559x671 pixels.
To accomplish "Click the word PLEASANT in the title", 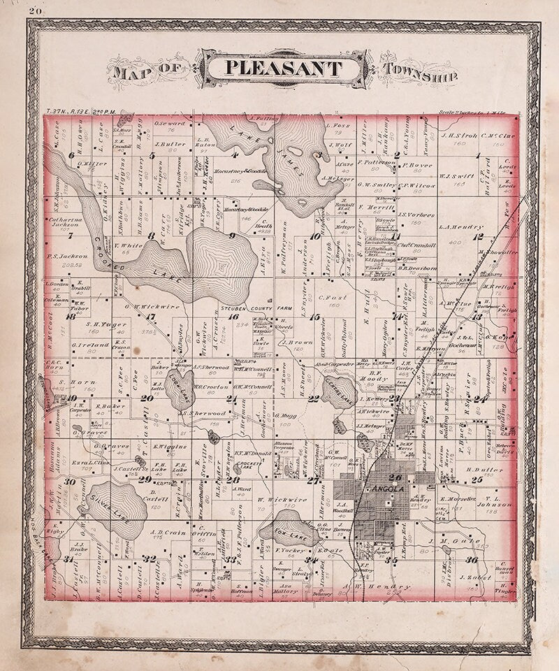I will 283,68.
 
